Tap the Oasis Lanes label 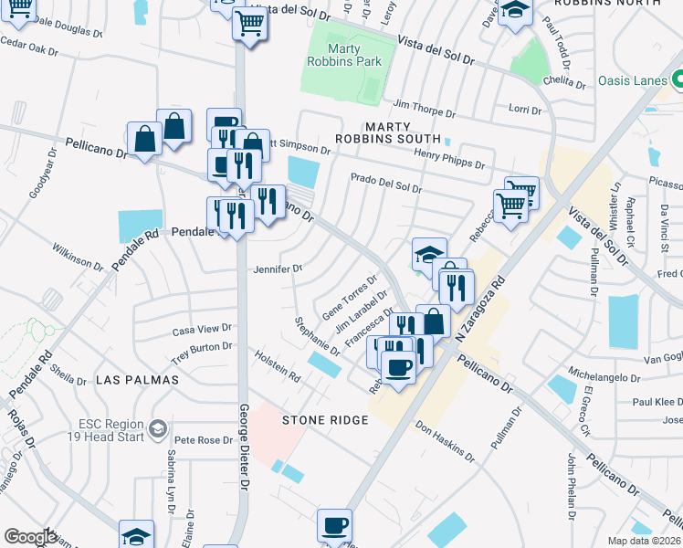pyautogui.click(x=633, y=80)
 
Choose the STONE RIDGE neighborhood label pyautogui.click(x=324, y=420)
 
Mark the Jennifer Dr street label pyautogui.click(x=278, y=269)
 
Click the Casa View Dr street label pyautogui.click(x=203, y=329)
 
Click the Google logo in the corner pyautogui.click(x=30, y=536)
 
